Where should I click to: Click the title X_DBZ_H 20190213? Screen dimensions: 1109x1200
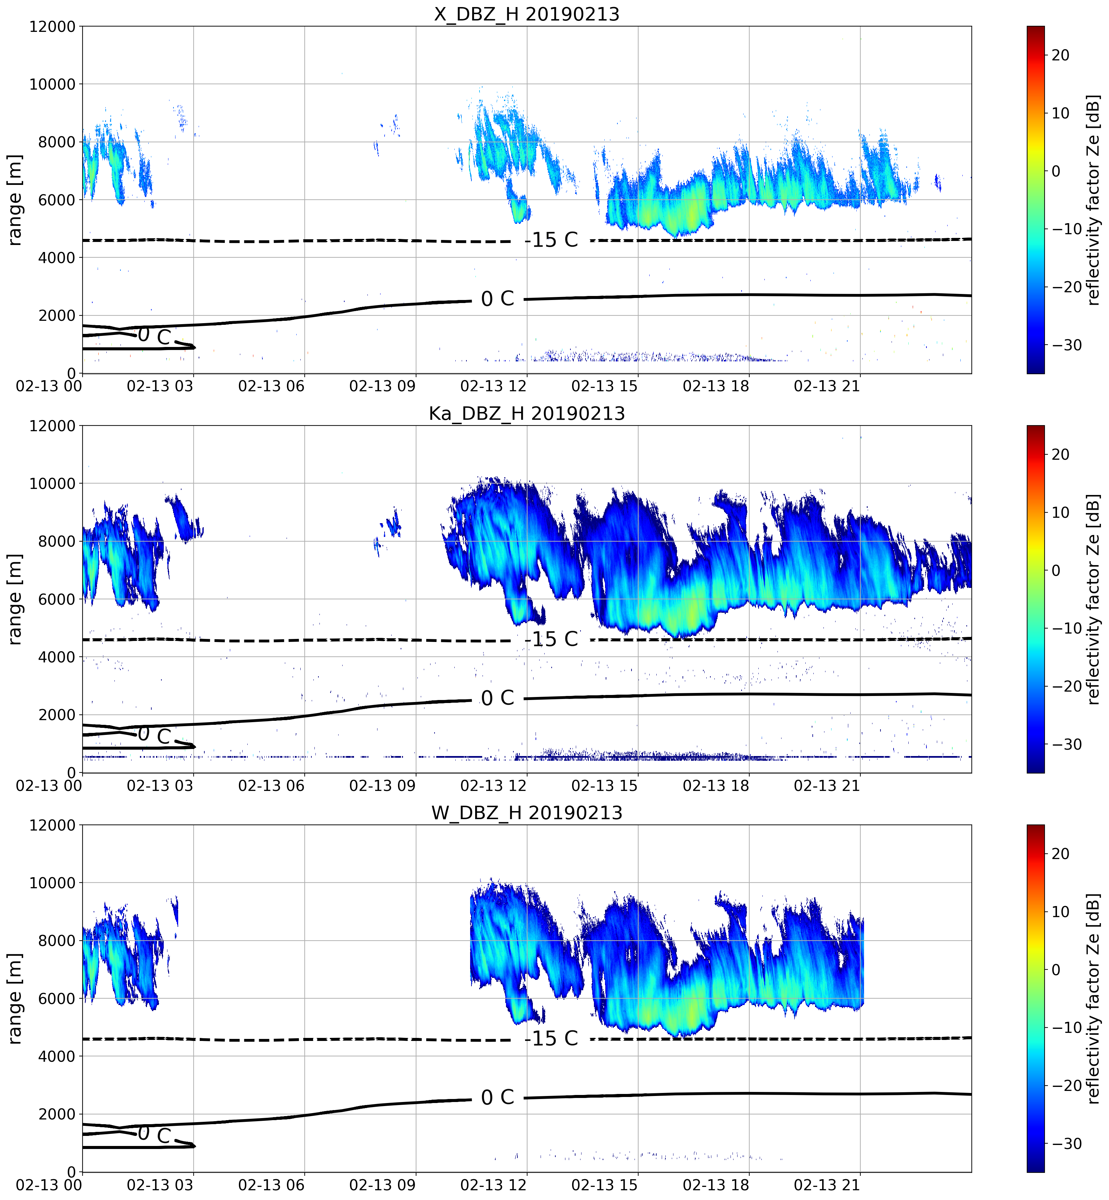(526, 14)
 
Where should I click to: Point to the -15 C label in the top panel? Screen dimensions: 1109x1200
(551, 240)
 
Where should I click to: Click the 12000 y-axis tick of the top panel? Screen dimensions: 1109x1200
(53, 27)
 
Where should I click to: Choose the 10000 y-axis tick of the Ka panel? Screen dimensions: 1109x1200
(53, 484)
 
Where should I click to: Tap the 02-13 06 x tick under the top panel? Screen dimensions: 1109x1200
(271, 386)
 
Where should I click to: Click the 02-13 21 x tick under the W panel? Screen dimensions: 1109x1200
(827, 1185)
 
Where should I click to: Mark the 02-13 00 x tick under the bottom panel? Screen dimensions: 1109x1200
(49, 1185)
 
